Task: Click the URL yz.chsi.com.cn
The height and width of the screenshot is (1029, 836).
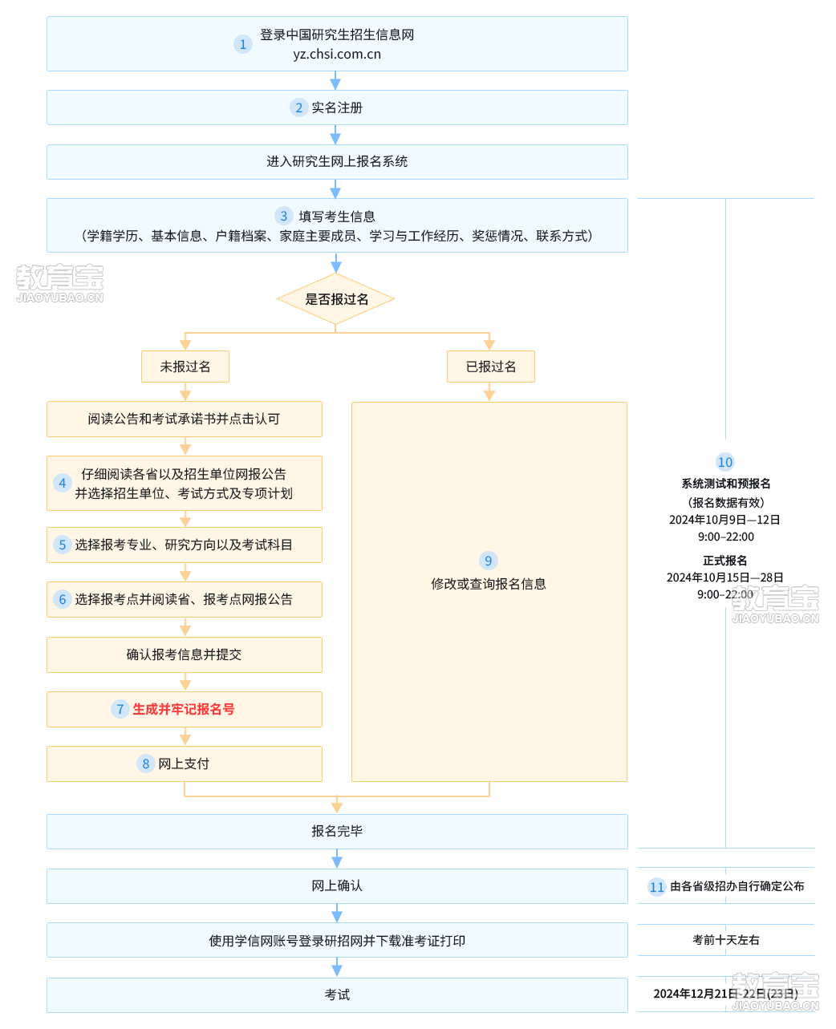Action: [x=336, y=54]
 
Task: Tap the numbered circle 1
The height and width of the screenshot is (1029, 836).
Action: [x=242, y=44]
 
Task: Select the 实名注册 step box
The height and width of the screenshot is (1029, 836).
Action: [x=337, y=107]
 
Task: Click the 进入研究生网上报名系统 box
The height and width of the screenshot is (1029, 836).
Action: [x=337, y=162]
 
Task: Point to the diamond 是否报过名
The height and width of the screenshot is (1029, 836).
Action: [x=336, y=299]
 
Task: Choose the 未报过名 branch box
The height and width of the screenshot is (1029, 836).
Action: [x=185, y=367]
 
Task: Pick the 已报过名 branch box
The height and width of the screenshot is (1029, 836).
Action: [x=490, y=367]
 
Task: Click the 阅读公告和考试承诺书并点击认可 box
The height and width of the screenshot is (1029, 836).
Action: [x=184, y=419]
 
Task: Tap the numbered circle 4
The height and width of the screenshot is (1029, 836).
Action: [x=63, y=483]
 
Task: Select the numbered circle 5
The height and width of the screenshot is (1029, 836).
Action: [x=63, y=545]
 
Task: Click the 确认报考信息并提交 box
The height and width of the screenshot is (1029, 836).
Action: [x=184, y=654]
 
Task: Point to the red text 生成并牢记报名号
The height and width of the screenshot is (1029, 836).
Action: [x=184, y=709]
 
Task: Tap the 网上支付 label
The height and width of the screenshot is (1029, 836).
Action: [x=184, y=764]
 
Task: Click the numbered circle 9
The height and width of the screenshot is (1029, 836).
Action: [x=488, y=561]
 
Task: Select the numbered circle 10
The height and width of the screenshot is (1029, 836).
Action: [x=724, y=462]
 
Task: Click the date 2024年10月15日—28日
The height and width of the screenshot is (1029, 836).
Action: [x=724, y=577]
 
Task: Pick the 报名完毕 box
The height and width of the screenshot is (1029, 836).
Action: [x=337, y=832]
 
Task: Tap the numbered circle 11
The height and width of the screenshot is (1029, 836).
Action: [x=657, y=887]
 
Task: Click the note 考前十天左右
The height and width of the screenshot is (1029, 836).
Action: [x=726, y=940]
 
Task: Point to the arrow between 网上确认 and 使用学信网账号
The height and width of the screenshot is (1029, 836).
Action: [x=337, y=913]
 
